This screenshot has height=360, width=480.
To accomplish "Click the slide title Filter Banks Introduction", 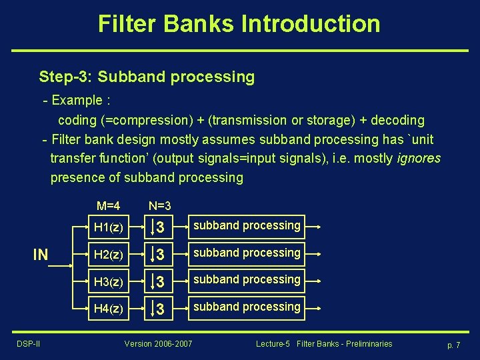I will pos(239,24).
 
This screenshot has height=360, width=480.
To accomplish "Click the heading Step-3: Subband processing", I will pos(147,77).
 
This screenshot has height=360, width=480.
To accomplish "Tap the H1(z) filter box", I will pos(108,227).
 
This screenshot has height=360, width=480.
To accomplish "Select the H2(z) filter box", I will pos(108,254).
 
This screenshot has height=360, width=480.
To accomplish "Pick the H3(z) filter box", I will pos(108,281).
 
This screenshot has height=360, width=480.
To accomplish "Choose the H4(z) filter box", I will pos(108,308).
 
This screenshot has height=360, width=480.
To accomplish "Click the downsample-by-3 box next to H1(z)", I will pos(158,227).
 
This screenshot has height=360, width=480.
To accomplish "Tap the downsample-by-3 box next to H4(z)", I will pos(158,308).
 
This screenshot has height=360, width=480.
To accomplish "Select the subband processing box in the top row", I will pos(247,226).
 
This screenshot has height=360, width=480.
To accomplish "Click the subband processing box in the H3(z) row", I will pos(247,280).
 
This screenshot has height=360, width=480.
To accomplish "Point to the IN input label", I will pos(41,255).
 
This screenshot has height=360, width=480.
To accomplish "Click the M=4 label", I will pos(108,206).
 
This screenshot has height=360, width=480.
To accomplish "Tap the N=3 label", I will pos(160,206).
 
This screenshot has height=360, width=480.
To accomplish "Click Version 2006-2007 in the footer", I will pos(158,343).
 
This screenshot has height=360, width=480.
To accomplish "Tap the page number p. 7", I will pos(455,344).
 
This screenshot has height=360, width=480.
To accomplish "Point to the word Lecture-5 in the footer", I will pos(273,343).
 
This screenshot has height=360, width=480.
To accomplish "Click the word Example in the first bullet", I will pos(76,101).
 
